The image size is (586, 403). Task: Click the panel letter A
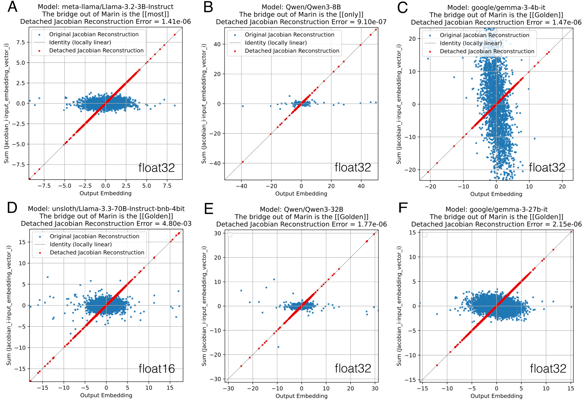click(x=13, y=7)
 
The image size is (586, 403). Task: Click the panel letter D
click(x=12, y=207)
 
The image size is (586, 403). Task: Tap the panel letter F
click(x=403, y=207)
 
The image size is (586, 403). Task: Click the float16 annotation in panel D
click(x=156, y=368)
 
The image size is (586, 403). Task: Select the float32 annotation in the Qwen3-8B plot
click(x=352, y=167)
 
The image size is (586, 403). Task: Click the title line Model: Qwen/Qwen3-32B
click(x=301, y=209)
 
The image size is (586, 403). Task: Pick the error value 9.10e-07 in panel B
click(x=372, y=22)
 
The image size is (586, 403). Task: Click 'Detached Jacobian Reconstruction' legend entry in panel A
click(x=96, y=50)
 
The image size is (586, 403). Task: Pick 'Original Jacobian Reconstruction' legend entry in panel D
click(x=95, y=236)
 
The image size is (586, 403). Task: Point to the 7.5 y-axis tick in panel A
click(x=21, y=42)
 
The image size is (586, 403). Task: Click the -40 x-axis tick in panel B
click(x=241, y=186)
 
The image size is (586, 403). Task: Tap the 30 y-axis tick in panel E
click(x=217, y=233)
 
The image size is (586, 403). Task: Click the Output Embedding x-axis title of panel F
click(x=496, y=396)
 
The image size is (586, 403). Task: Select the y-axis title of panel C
click(x=399, y=104)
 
